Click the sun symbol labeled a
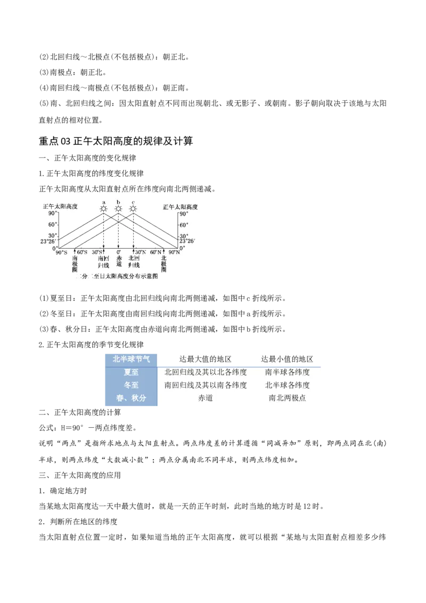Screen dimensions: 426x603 (104, 208)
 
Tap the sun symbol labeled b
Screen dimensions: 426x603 (118, 208)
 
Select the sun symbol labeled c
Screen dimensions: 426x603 (133, 208)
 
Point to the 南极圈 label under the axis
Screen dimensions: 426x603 (75, 263)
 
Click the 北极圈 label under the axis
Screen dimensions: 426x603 (163, 263)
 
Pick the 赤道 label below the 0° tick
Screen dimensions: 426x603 (118, 263)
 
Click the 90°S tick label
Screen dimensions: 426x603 (61, 252)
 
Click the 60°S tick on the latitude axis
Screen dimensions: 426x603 (82, 252)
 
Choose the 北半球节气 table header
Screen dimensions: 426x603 (130, 359)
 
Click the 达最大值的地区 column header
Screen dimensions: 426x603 (205, 359)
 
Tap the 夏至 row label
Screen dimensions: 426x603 (130, 372)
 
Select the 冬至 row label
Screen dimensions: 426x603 (130, 385)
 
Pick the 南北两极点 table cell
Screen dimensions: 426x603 (287, 398)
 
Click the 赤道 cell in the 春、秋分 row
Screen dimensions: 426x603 (205, 398)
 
